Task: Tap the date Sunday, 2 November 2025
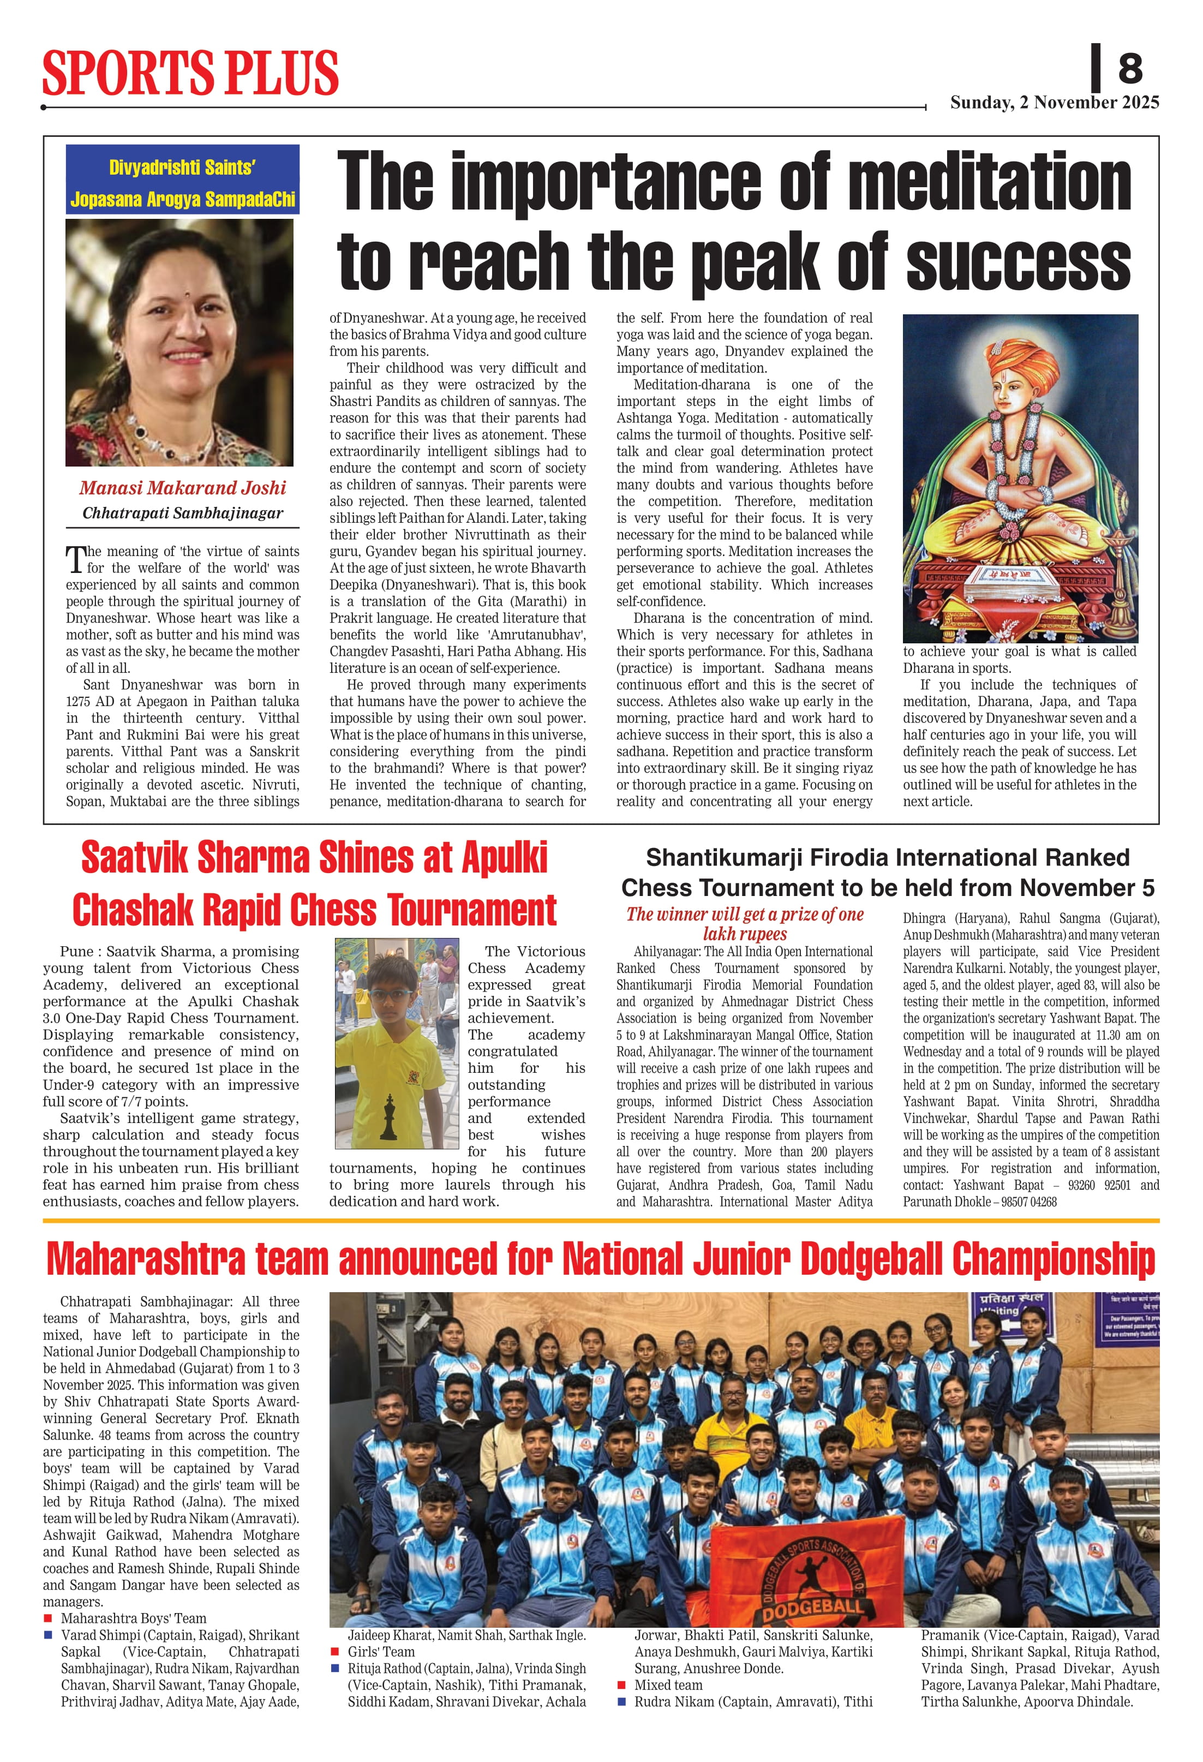pyautogui.click(x=1055, y=103)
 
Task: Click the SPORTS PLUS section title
pyautogui.click(x=190, y=74)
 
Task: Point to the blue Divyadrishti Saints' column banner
pyautogui.click(x=183, y=180)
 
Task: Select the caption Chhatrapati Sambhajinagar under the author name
pyautogui.click(x=183, y=513)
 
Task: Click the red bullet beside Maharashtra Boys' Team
pyautogui.click(x=49, y=1618)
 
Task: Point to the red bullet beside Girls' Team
pyautogui.click(x=334, y=1652)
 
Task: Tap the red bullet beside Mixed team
pyautogui.click(x=621, y=1686)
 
